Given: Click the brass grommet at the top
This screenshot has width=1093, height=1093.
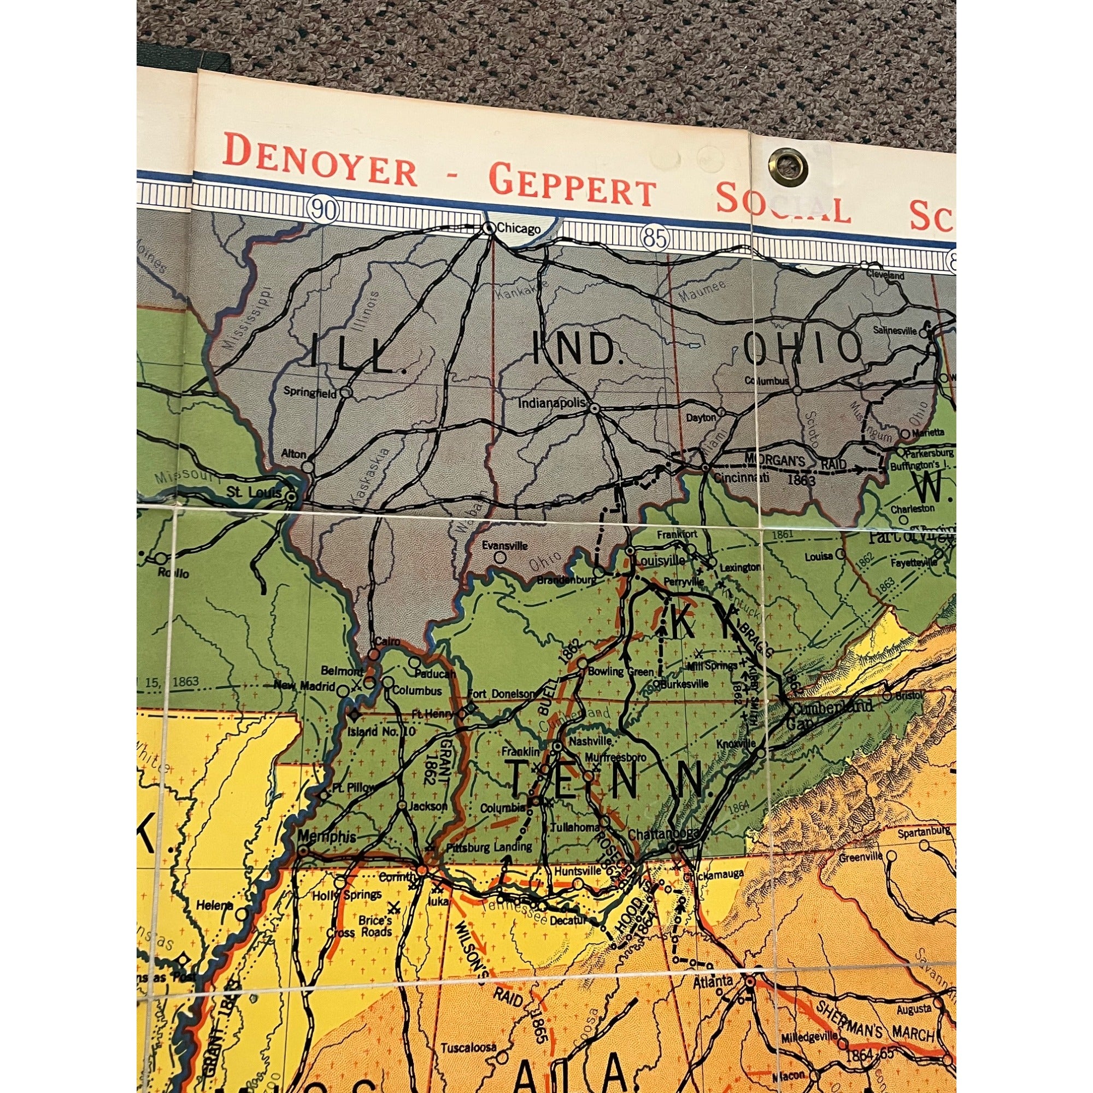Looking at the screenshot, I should pos(786,164).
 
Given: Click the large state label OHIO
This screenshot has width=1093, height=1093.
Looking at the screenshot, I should pos(802,349).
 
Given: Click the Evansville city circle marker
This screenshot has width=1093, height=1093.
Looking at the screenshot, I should pos(500,557).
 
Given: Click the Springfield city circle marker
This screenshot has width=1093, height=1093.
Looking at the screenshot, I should pos(347,391).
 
